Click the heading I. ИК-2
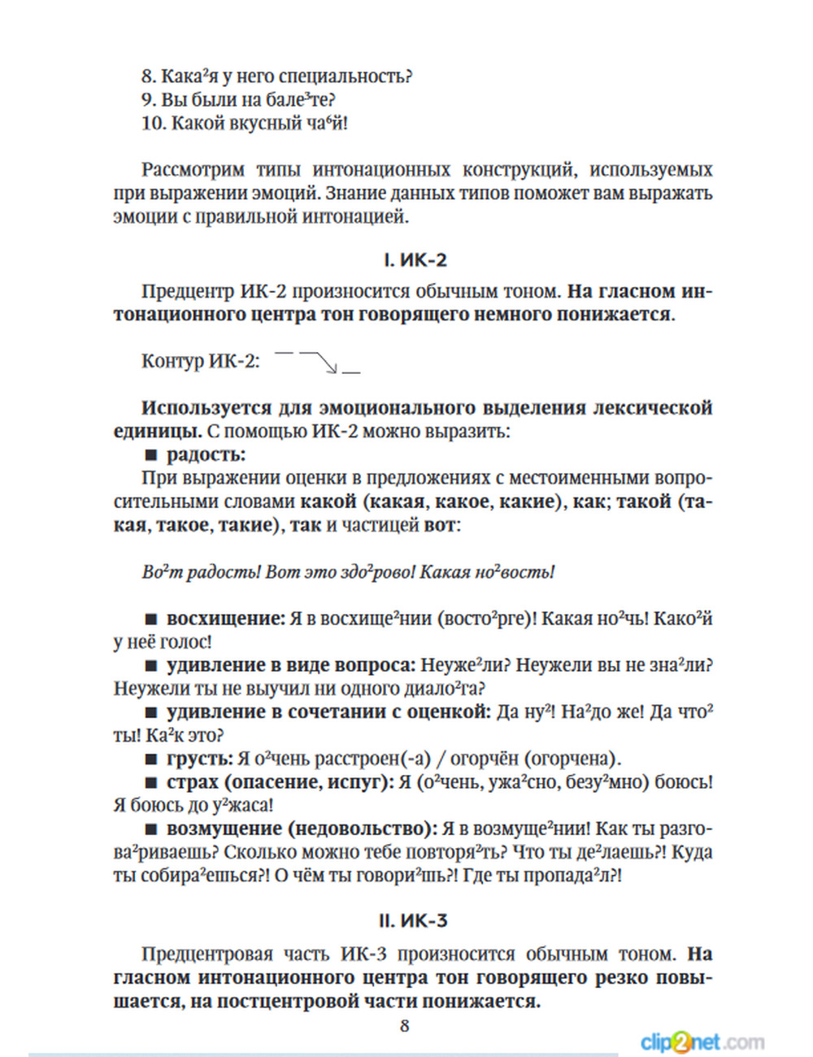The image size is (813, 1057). (415, 260)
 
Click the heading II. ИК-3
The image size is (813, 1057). (413, 921)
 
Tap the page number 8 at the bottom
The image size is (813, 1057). (404, 1026)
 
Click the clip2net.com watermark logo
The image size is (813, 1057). (702, 1042)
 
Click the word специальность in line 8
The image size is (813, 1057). (345, 76)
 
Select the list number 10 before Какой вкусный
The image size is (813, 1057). (153, 124)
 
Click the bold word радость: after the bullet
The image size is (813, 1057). (206, 455)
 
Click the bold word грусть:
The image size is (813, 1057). (199, 759)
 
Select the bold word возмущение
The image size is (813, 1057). (222, 829)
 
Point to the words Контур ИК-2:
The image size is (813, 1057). (200, 361)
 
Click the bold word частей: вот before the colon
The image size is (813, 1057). (440, 525)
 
